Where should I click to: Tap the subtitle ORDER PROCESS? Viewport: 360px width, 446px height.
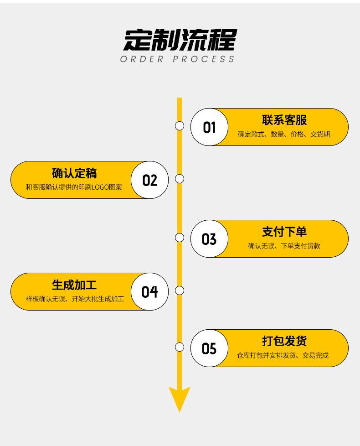[x=177, y=59]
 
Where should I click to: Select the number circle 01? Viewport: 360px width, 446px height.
[x=210, y=127]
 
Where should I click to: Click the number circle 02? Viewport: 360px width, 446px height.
[x=150, y=180]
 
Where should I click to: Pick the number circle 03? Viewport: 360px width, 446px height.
[x=210, y=239]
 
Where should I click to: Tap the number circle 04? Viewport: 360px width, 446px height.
[x=150, y=291]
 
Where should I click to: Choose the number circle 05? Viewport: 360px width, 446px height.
[x=210, y=348]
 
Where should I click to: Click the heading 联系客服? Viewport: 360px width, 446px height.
[x=284, y=120]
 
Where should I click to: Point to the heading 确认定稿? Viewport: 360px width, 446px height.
[x=74, y=173]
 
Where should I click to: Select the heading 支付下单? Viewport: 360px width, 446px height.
[x=284, y=232]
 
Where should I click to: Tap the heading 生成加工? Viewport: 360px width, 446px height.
[x=74, y=285]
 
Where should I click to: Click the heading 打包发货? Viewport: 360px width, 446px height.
[x=284, y=341]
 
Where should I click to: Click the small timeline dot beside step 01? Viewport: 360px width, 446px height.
[x=180, y=126]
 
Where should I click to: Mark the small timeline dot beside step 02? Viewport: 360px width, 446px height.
[x=180, y=179]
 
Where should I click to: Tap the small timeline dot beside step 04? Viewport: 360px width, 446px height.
[x=180, y=290]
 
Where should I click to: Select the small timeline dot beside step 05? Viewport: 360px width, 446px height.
[x=180, y=347]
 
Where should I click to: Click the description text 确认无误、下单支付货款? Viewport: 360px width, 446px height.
[x=284, y=246]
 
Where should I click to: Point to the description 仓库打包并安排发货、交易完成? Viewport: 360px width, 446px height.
[x=283, y=355]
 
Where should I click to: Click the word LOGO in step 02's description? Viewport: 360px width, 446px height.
[x=100, y=187]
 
